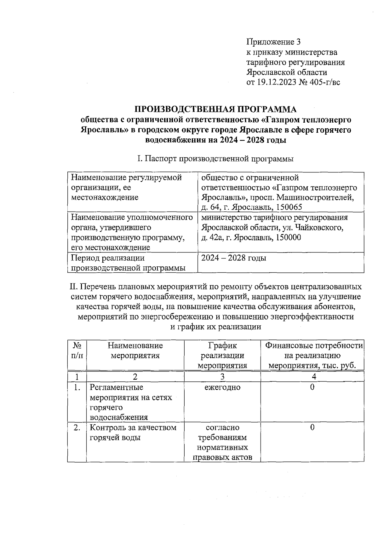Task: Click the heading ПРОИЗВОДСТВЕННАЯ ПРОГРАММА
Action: pyautogui.click(x=216, y=109)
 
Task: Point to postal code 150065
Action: pyautogui.click(x=289, y=207)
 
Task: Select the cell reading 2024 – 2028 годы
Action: pyautogui.click(x=234, y=258)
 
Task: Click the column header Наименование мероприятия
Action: pyautogui.click(x=135, y=351)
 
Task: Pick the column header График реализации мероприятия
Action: pyautogui.click(x=222, y=356)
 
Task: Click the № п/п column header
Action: pyautogui.click(x=77, y=351)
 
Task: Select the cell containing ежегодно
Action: pyautogui.click(x=222, y=387)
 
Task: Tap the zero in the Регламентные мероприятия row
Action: pyautogui.click(x=312, y=387)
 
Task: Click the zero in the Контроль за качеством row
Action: pyautogui.click(x=312, y=427)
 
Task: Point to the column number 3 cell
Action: pyautogui.click(x=222, y=376)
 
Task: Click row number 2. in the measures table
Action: pyautogui.click(x=77, y=428)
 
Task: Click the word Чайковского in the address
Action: pyautogui.click(x=318, y=227)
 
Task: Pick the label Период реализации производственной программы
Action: pyautogui.click(x=128, y=263)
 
